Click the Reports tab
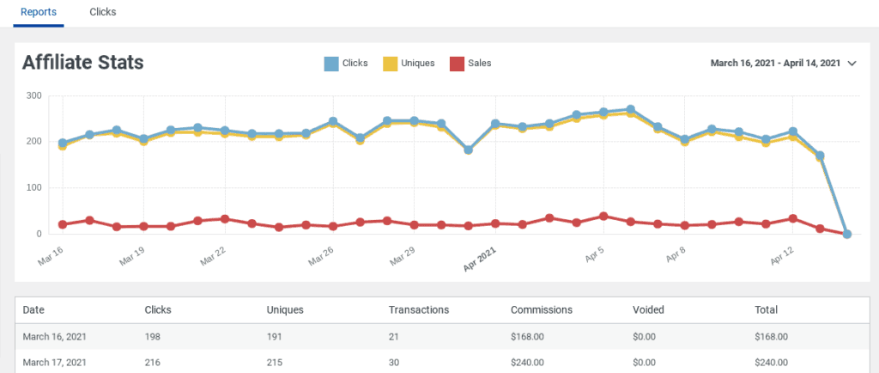pyautogui.click(x=39, y=13)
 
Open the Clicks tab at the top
pyautogui.click(x=103, y=13)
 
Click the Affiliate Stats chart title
pyautogui.click(x=82, y=63)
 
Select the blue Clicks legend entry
pyautogui.click(x=346, y=63)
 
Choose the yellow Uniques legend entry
pyautogui.click(x=409, y=63)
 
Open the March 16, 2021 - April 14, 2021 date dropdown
pyautogui.click(x=784, y=63)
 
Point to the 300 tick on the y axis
pyautogui.click(x=33, y=95)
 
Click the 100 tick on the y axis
pyautogui.click(x=33, y=187)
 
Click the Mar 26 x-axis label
pyautogui.click(x=321, y=255)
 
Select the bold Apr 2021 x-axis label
pyautogui.click(x=480, y=259)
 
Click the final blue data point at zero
pyautogui.click(x=846, y=234)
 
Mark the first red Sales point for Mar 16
pyautogui.click(x=63, y=224)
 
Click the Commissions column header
pyautogui.click(x=541, y=309)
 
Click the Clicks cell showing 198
pyautogui.click(x=155, y=337)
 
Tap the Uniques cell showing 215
pyautogui.click(x=277, y=363)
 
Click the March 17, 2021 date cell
pyautogui.click(x=54, y=363)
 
